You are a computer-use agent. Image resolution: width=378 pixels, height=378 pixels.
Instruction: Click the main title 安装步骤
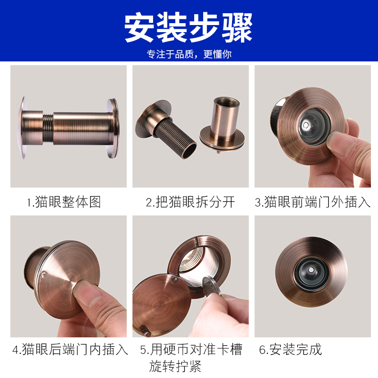tap(189, 28)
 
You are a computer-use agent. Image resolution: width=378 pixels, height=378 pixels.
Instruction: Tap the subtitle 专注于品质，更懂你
tap(189, 54)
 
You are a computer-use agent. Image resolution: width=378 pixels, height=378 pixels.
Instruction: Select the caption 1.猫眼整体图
tap(64, 202)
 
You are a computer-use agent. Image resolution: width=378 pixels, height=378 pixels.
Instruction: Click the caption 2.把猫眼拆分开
tap(190, 202)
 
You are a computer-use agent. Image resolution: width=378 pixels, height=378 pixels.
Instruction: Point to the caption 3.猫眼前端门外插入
tap(312, 202)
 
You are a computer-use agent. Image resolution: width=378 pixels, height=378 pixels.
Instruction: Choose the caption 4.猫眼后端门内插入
tap(70, 350)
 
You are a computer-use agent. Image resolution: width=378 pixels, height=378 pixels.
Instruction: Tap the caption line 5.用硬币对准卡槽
tap(191, 350)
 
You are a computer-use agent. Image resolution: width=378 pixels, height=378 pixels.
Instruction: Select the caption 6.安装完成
tap(290, 350)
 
